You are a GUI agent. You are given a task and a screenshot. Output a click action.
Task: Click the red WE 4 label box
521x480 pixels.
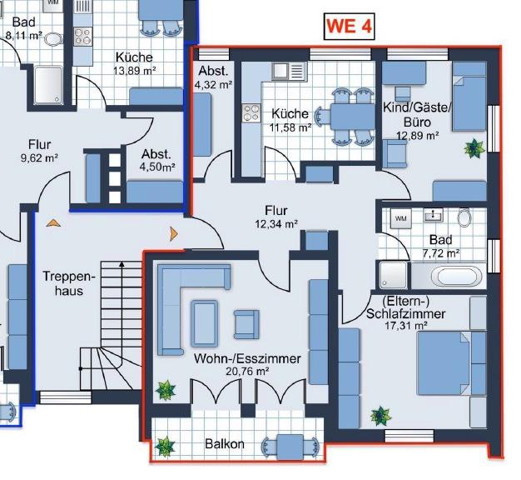348,26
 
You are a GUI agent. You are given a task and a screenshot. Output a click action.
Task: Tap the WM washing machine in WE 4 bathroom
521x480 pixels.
400,218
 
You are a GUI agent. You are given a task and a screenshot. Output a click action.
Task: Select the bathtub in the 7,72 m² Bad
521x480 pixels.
455,276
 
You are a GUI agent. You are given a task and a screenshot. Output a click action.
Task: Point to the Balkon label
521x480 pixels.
225,444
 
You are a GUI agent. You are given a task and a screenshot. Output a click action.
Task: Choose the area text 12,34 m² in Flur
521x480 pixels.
276,223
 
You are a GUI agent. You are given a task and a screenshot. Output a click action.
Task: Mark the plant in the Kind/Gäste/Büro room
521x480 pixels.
474,148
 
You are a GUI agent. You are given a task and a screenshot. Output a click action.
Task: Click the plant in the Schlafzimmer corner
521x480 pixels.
380,414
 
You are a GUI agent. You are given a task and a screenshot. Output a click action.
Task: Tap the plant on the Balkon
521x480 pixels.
166,446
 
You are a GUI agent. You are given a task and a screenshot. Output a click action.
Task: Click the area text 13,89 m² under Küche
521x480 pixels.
135,71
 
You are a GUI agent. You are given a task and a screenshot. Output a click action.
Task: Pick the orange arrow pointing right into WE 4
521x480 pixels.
175,233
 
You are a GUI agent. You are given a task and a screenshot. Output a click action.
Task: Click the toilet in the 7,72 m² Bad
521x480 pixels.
464,217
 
